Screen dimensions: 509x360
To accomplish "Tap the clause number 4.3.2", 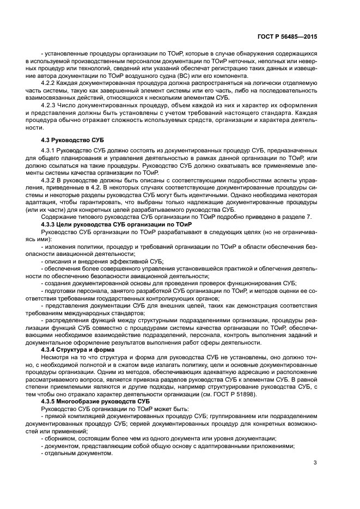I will pos(50,179).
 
